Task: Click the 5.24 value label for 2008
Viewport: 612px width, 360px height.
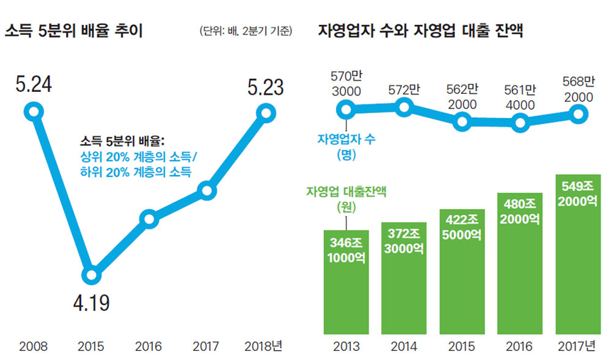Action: [x=33, y=84]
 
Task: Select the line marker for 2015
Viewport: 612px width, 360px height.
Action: [x=90, y=275]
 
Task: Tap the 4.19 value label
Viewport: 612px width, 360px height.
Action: [x=90, y=305]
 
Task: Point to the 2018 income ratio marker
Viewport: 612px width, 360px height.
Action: [x=266, y=112]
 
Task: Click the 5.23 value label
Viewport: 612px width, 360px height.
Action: [x=265, y=87]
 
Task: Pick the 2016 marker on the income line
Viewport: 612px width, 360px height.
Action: [x=149, y=218]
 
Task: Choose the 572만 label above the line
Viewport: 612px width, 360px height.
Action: [x=404, y=90]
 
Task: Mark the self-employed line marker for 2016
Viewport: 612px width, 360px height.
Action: [x=520, y=122]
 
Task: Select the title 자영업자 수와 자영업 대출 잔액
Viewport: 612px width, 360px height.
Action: [x=421, y=32]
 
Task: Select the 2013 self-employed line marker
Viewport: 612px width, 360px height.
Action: [x=347, y=110]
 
